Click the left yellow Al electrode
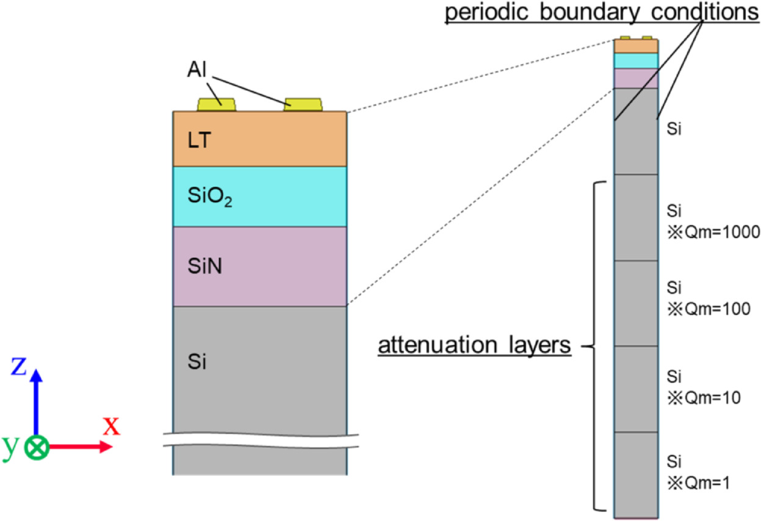click(x=216, y=105)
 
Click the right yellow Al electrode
click(x=303, y=104)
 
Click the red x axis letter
click(x=111, y=426)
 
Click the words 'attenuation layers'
click(x=474, y=346)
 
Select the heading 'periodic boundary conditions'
click(x=601, y=13)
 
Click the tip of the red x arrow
click(x=112, y=447)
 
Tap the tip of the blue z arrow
click(x=37, y=370)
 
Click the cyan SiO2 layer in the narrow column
click(x=635, y=61)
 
